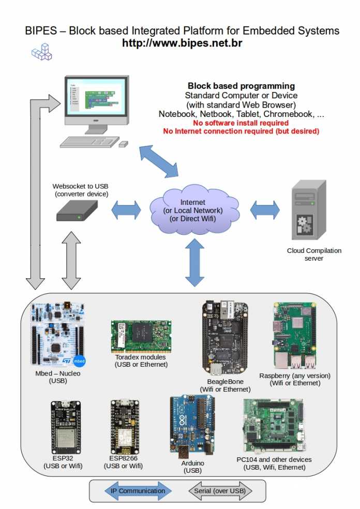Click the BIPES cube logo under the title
pos(42,52)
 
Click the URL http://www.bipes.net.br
pos(182,43)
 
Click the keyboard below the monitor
pos(89,142)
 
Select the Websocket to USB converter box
pos(77,211)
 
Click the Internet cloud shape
pos(194,209)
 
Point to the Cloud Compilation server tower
pos(309,210)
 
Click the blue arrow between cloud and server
pos(265,209)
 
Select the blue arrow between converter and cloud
pos(126,210)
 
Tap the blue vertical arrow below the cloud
pos(195,263)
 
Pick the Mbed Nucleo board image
pos(58,335)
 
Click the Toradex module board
pos(141,337)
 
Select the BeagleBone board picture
pos(225,338)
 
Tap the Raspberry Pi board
pos(295,336)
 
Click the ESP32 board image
pos(66,427)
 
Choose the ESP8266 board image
pos(125,427)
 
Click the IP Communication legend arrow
pos(138,491)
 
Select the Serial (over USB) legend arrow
pos(220,491)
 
